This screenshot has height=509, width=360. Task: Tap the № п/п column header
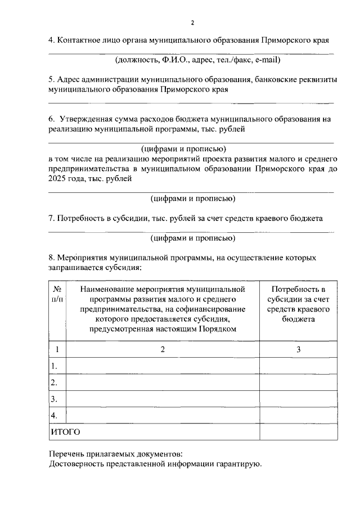pyautogui.click(x=57, y=294)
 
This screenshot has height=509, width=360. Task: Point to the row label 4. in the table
pyautogui.click(x=55, y=416)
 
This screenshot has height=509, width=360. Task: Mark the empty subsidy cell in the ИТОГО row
pyautogui.click(x=298, y=433)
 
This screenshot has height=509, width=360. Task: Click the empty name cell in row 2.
pyautogui.click(x=163, y=383)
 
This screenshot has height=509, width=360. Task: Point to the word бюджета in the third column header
pyautogui.click(x=298, y=319)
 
